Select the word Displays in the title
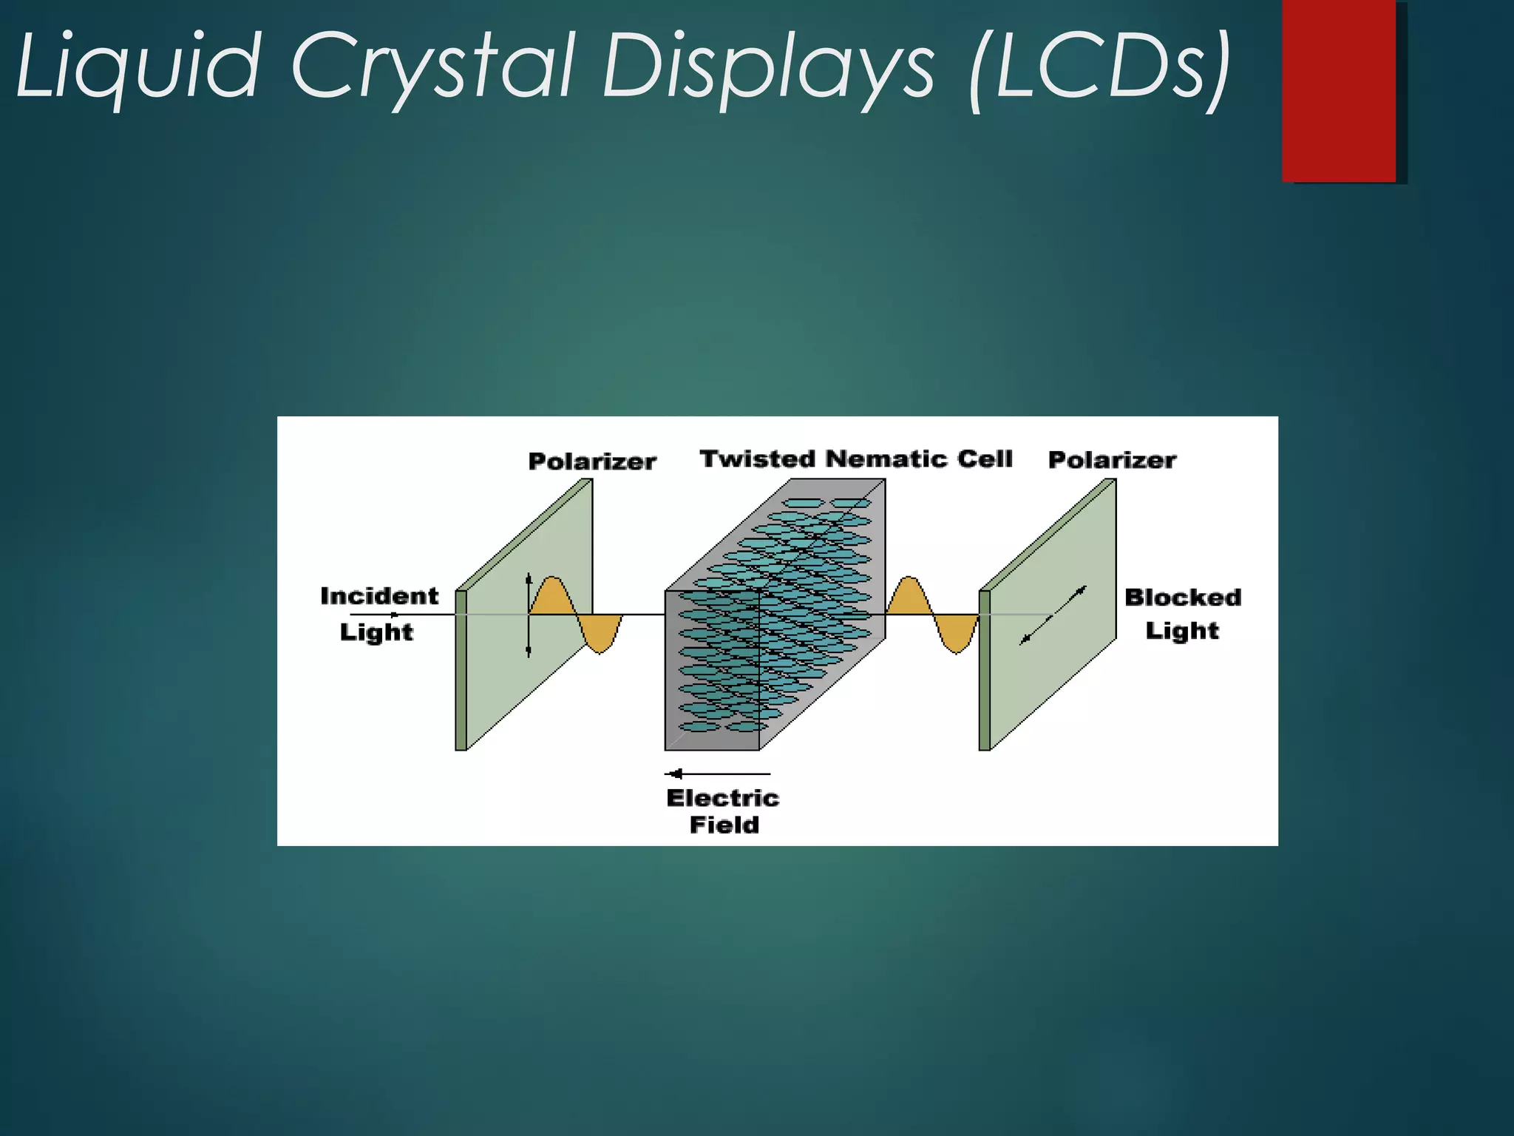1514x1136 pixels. [769, 67]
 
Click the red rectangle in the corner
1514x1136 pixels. [1339, 90]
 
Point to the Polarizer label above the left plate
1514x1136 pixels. [592, 461]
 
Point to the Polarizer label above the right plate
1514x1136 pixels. [1112, 460]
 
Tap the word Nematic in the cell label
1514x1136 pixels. [886, 459]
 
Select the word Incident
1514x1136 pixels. [379, 596]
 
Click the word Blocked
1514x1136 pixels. [1183, 597]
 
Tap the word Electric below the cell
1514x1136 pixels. [722, 798]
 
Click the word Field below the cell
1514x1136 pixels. [724, 825]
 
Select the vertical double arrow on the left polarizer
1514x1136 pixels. [529, 615]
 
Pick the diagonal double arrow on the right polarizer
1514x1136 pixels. [1053, 615]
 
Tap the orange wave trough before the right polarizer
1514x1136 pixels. [957, 636]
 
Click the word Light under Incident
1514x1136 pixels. [376, 632]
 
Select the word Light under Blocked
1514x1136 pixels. [1181, 631]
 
